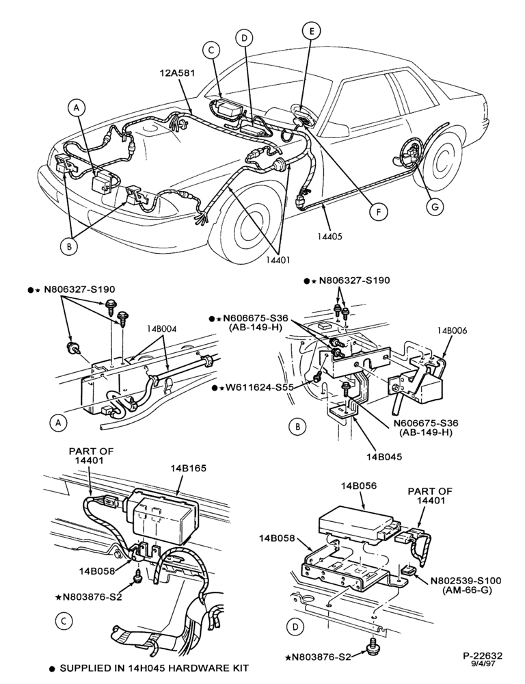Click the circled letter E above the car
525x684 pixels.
311,31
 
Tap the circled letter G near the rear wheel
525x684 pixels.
435,207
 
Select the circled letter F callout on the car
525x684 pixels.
379,212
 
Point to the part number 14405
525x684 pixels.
329,237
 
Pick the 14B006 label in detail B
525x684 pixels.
452,330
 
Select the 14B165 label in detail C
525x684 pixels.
189,469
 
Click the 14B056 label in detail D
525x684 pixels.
358,486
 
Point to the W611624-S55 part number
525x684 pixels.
258,387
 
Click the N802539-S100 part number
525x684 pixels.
466,581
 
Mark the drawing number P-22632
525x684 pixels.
483,656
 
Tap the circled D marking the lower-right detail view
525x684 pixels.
296,627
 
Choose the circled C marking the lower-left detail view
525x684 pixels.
64,621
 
